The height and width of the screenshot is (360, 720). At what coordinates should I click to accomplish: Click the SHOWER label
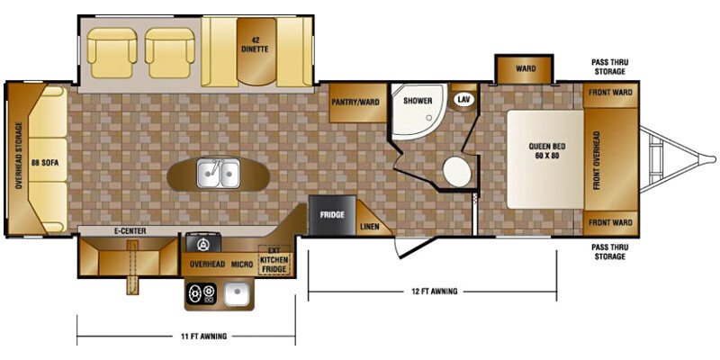pos(418,102)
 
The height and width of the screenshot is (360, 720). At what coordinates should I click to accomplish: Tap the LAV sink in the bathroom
pos(464,99)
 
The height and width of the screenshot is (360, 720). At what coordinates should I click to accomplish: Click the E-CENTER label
pos(130,230)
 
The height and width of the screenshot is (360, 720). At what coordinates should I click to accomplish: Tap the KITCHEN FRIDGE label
pos(274,263)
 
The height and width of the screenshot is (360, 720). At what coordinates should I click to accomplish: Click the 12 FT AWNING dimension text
pos(431,292)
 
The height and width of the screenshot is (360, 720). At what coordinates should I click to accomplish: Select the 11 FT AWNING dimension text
pos(202,337)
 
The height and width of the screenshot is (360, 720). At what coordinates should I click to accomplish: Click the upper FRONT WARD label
pos(610,92)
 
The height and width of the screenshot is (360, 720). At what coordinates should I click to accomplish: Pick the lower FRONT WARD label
pos(610,222)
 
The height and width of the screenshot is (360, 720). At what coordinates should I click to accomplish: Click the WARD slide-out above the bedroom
pos(526,68)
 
